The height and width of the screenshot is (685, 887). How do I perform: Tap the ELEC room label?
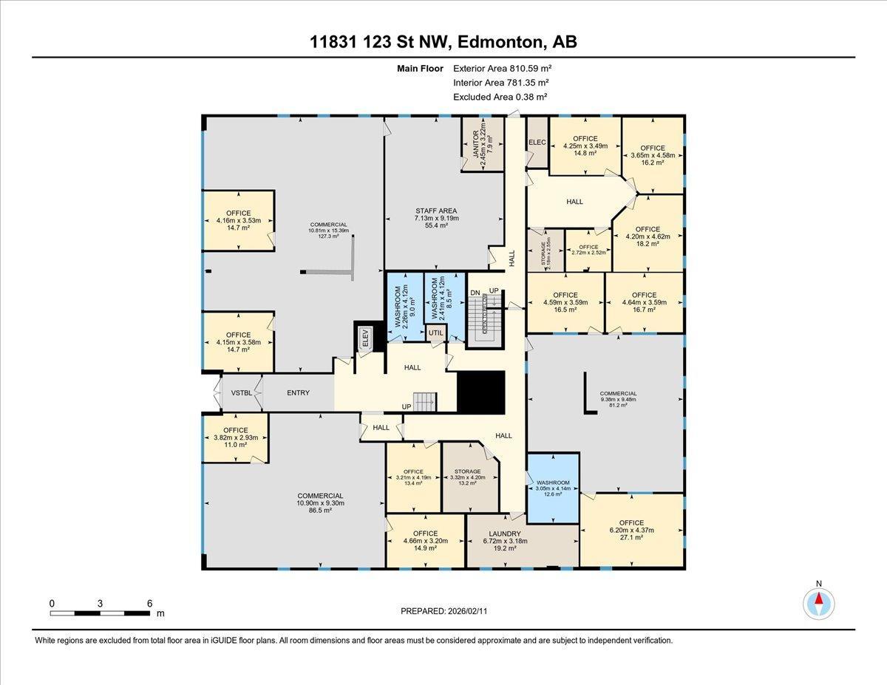pos(537,142)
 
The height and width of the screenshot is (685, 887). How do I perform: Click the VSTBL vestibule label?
pos(242,393)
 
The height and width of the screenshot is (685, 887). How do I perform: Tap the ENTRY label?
pos(298,393)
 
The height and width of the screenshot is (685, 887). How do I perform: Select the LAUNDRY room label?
pos(505,534)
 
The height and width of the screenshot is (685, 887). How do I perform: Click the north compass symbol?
pos(818,604)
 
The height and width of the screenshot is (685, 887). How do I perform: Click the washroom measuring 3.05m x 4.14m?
pos(552,488)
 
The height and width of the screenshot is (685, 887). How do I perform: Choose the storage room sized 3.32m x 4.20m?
pos(467,477)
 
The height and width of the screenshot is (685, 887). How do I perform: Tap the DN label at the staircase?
pos(475,292)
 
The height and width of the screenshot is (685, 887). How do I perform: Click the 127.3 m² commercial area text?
pos(328,236)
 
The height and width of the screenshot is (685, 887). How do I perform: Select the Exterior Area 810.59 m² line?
pos(503,69)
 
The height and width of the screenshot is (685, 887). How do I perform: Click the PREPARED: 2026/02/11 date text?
pos(443,611)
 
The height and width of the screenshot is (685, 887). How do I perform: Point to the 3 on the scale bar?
pos(99,604)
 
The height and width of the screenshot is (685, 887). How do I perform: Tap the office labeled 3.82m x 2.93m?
pos(236,437)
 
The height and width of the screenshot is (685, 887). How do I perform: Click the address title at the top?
pos(443,42)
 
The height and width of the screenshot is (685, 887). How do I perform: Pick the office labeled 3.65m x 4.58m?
pos(653,155)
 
